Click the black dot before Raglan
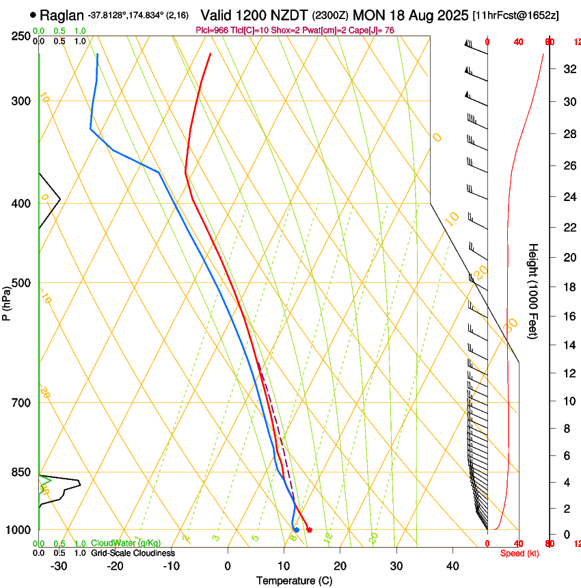pyautogui.click(x=33, y=14)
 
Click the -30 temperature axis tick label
pyautogui.click(x=59, y=566)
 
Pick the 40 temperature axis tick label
pyautogui.click(x=452, y=566)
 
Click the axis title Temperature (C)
pyautogui.click(x=293, y=580)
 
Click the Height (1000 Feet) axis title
pyautogui.click(x=533, y=291)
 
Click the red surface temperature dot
pyautogui.click(x=310, y=530)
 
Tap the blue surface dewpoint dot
pyautogui.click(x=296, y=530)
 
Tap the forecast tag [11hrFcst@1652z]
pyautogui.click(x=515, y=15)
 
